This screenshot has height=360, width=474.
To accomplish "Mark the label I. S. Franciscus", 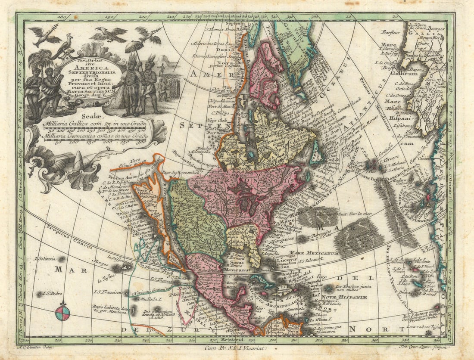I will [x=109, y=292].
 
